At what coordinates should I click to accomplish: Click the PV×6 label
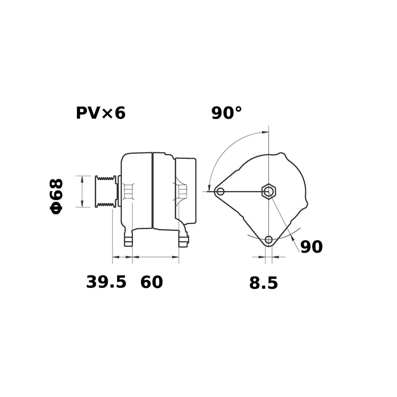pos(101,113)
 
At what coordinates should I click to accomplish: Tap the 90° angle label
pos(227,113)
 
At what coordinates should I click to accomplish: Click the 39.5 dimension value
pos(106,282)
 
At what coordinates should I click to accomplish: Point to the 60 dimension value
pos(151,282)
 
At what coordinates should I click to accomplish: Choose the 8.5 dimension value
pos(263,283)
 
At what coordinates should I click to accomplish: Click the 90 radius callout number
pos(312,247)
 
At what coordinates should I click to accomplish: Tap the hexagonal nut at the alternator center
pos(268,191)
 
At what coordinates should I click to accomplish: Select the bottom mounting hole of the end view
pos(268,240)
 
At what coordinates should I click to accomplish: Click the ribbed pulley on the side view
pos(105,191)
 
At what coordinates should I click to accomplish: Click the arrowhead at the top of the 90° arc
pos(264,132)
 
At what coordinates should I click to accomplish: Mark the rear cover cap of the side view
pos(186,191)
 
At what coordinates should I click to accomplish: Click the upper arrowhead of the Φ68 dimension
pos(82,178)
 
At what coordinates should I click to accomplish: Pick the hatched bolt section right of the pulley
pos(129,191)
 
